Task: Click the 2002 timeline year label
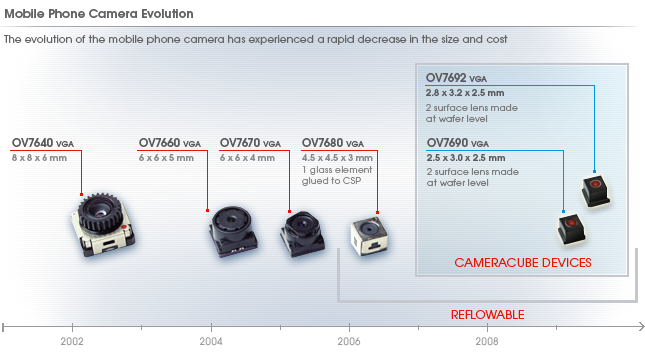(72, 341)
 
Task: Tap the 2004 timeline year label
(211, 341)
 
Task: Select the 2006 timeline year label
(349, 341)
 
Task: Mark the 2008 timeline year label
(487, 341)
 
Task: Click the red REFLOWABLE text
(487, 315)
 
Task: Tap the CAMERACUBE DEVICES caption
(523, 262)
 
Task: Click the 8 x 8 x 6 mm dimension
(39, 158)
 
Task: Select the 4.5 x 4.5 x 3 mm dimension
(337, 158)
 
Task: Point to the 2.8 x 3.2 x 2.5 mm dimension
(465, 93)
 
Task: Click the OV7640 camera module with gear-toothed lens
(103, 224)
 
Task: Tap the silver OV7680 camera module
(369, 237)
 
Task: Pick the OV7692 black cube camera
(596, 191)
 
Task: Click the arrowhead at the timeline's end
(641, 327)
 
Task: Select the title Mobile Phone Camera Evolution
(99, 14)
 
